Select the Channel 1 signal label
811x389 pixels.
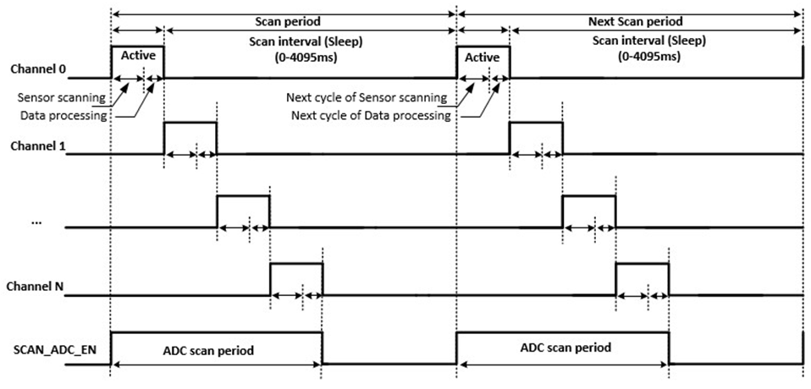[x=39, y=145]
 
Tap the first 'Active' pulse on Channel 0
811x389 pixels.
[x=137, y=56]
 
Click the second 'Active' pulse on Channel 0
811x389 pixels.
[x=483, y=56]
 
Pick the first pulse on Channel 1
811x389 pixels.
[x=190, y=138]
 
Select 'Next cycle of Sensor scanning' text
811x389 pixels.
[x=367, y=98]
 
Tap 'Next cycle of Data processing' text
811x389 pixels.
[x=370, y=115]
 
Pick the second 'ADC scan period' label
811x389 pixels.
[x=562, y=348]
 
